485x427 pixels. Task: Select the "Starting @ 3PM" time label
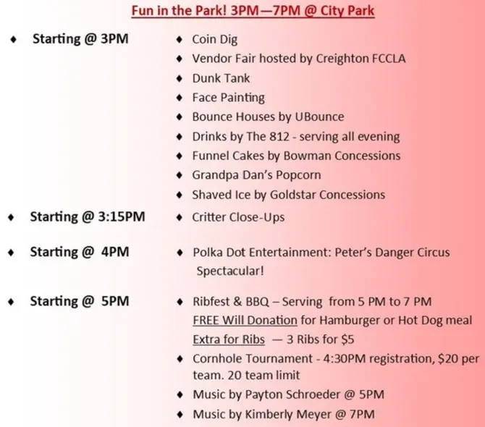[80, 39]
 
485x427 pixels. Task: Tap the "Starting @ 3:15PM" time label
[88, 216]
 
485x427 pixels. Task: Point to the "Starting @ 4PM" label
[80, 252]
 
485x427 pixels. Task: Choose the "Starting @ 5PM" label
[80, 301]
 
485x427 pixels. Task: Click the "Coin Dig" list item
[215, 40]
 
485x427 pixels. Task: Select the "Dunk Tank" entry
[221, 78]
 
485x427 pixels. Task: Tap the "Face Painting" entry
[229, 98]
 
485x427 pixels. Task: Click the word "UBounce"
[319, 117]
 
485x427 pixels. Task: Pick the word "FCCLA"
[389, 59]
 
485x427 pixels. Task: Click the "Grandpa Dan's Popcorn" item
[257, 175]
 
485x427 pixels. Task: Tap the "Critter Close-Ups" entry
[238, 217]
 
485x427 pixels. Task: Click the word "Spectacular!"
[230, 271]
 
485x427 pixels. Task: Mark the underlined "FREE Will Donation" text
[245, 321]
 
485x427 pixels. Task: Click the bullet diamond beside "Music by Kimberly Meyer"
[180, 414]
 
